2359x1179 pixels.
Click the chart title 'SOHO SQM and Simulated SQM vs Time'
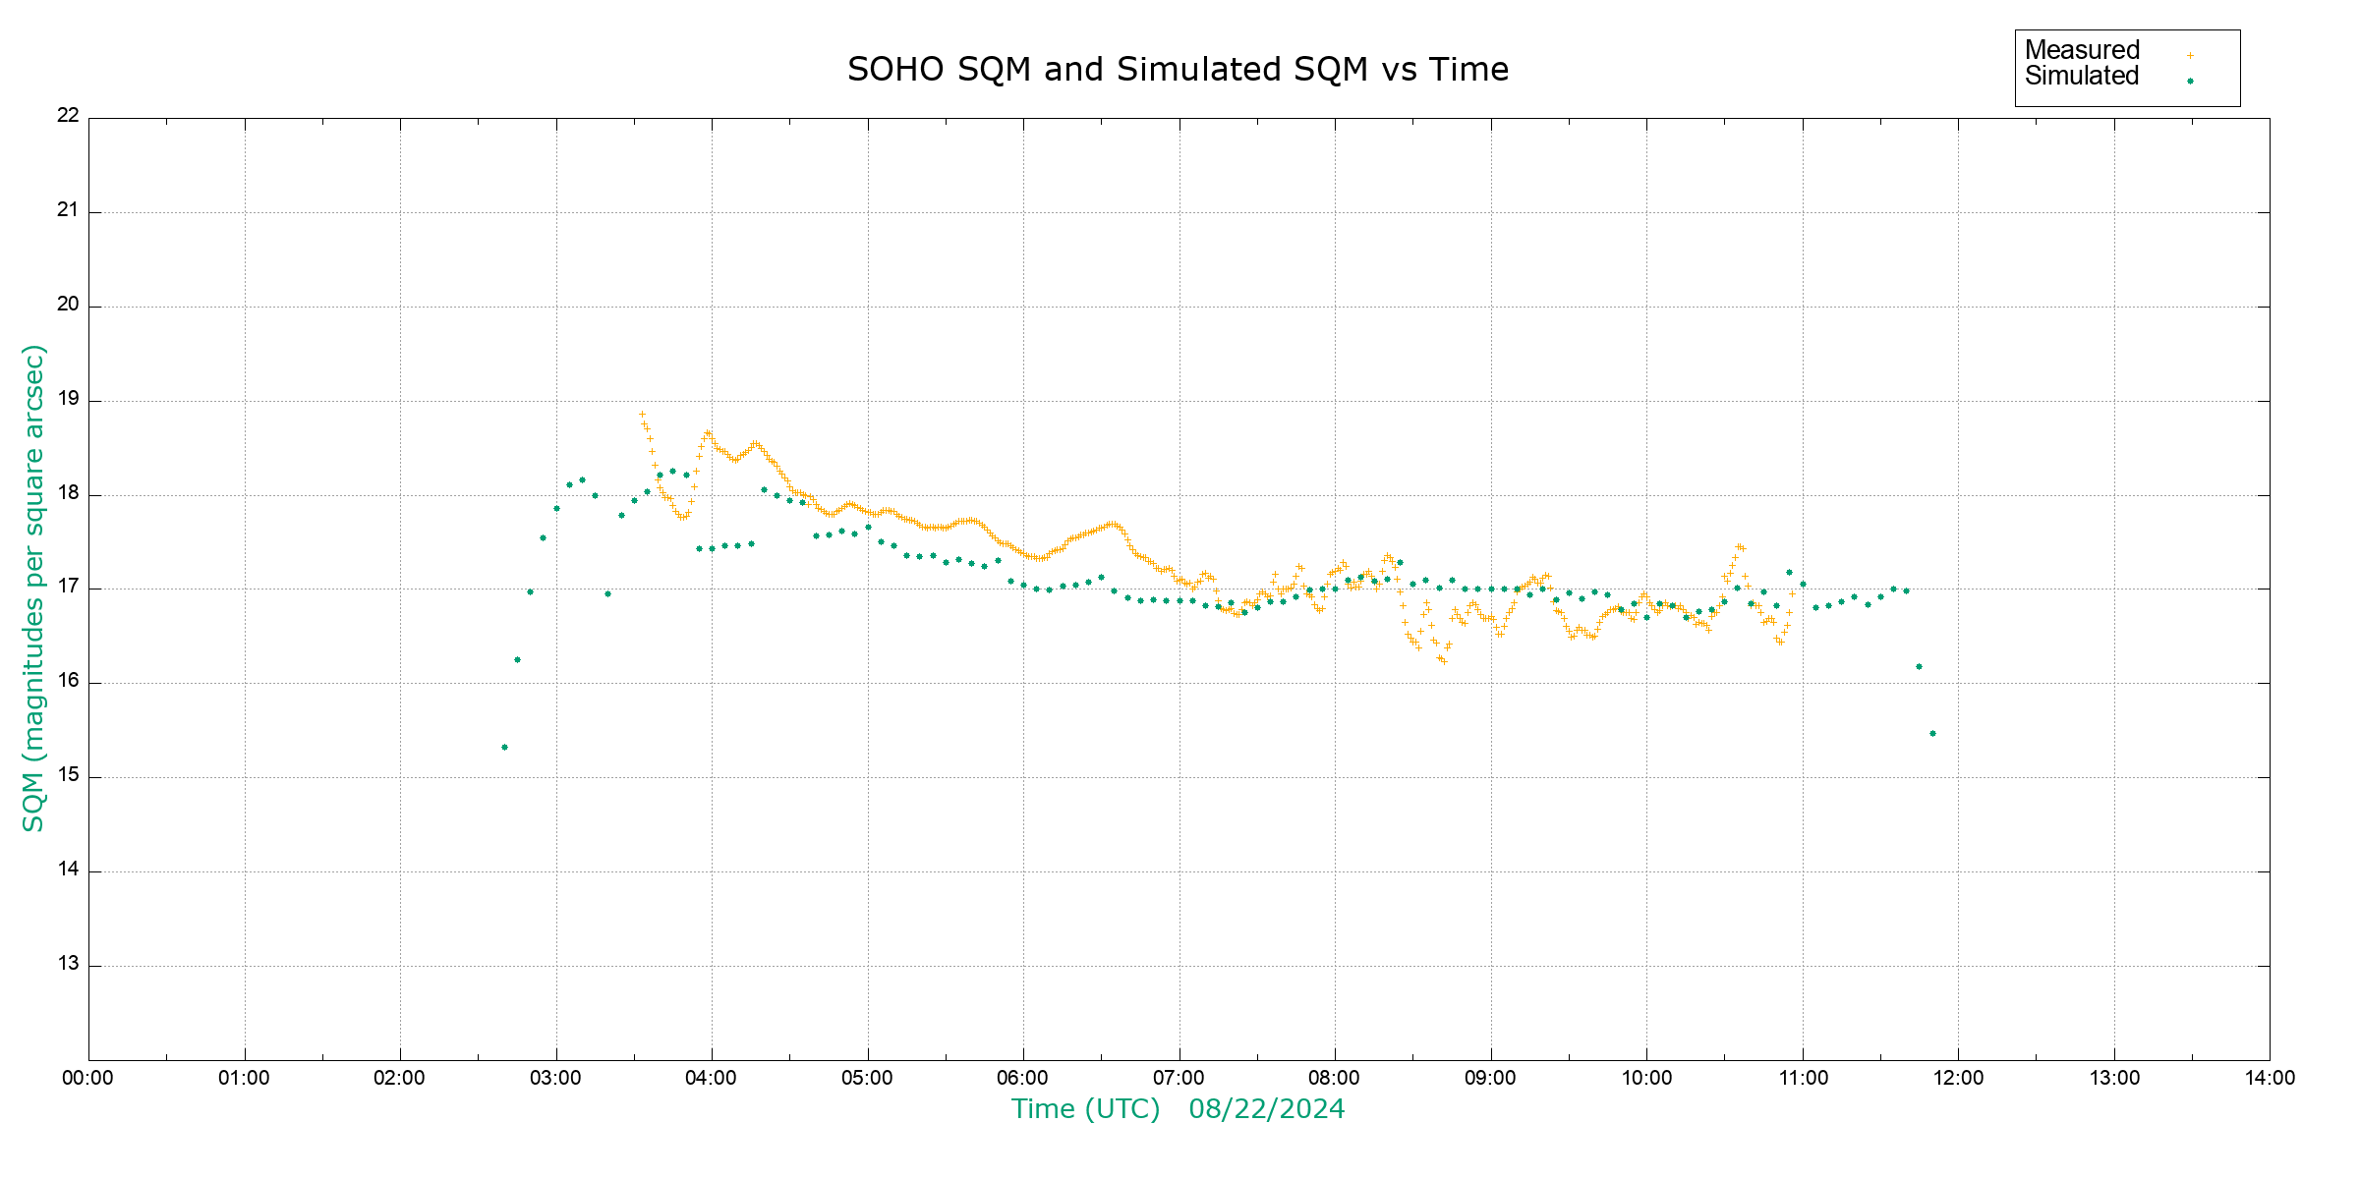tap(1178, 70)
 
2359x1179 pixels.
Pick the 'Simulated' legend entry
tap(2082, 77)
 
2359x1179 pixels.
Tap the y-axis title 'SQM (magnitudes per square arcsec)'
tap(34, 588)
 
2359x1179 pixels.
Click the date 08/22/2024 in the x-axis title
tap(1266, 1109)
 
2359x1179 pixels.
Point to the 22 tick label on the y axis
tap(68, 115)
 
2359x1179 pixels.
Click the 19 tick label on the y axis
tap(68, 399)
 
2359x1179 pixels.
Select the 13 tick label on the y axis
tap(68, 964)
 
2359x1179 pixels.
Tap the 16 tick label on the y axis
tap(68, 681)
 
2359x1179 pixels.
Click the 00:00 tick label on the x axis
tap(88, 1078)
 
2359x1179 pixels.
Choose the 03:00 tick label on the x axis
tap(556, 1078)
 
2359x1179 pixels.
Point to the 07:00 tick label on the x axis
tap(1179, 1078)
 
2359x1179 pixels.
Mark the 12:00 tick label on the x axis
tap(1958, 1078)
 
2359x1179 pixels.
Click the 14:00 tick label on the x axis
tap(2270, 1078)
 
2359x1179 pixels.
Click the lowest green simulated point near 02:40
tap(504, 748)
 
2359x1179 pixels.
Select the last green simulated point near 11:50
tap(1932, 734)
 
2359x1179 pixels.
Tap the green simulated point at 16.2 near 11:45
tap(1919, 667)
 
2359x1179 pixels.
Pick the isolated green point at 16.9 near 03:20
tap(607, 593)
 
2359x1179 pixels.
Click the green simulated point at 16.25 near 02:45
tap(517, 660)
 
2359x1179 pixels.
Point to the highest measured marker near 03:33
tap(642, 415)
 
